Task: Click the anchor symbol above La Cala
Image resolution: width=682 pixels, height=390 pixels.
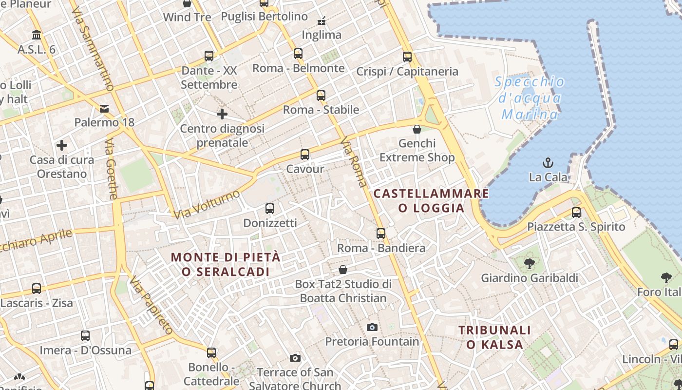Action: coord(548,163)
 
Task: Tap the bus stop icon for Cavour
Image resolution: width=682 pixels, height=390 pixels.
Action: coord(305,155)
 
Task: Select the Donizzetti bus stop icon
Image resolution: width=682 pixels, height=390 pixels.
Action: coord(270,209)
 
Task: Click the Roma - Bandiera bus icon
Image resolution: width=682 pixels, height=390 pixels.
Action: coord(381,234)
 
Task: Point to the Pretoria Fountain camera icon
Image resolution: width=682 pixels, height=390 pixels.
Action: coord(372,327)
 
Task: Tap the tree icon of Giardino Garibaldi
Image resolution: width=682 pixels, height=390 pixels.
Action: coord(529,264)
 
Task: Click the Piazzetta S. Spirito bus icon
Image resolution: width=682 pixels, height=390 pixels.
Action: coord(576,213)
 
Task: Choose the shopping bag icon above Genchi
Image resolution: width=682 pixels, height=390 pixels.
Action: coord(417,129)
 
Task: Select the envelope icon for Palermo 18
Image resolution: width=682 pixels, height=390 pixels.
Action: coord(104,108)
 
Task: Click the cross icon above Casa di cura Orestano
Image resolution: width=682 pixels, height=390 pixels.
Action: coord(62,145)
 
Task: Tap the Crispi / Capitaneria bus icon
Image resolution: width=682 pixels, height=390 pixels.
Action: coord(407,57)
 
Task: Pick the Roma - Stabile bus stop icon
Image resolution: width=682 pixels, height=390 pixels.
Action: coord(321,96)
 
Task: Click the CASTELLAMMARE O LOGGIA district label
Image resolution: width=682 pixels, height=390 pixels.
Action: coord(431,201)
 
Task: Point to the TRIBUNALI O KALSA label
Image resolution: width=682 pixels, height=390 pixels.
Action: coord(494,337)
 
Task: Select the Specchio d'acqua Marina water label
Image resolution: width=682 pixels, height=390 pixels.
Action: coord(530,98)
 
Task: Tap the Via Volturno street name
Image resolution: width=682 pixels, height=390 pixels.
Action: coord(207,204)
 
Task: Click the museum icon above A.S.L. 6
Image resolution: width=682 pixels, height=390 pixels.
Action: coord(37,35)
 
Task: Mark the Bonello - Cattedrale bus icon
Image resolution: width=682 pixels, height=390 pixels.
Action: coord(211,352)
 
